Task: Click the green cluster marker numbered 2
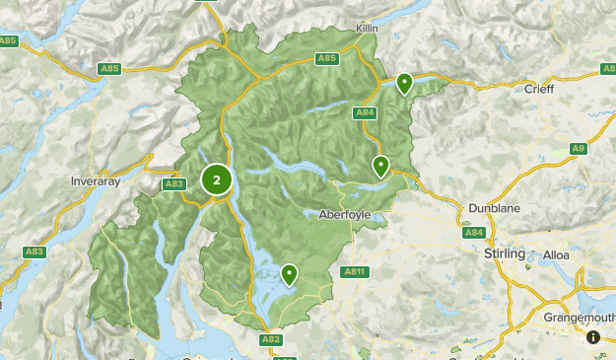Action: point(217,180)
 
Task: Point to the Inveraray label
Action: point(96,181)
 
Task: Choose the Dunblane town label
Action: point(494,209)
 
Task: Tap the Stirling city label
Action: point(506,253)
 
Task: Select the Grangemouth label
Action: point(579,318)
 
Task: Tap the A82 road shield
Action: point(271,339)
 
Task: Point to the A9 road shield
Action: point(578,148)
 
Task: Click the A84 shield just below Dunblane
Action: point(474,232)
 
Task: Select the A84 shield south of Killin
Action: point(365,112)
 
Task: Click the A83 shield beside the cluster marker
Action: point(174,183)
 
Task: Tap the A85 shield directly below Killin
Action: point(327,59)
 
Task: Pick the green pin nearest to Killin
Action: point(404,83)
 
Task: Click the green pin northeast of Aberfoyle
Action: point(379,165)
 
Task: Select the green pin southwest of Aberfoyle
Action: point(289,273)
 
